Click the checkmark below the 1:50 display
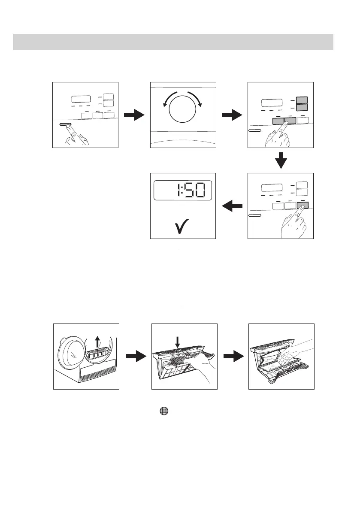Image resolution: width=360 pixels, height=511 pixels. [x=183, y=225]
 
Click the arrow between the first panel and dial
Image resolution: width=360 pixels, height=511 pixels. [x=133, y=115]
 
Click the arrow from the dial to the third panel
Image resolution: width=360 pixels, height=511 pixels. [x=231, y=115]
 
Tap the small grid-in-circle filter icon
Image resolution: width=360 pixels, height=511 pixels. [x=163, y=410]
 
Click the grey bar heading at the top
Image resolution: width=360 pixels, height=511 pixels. [x=173, y=42]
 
